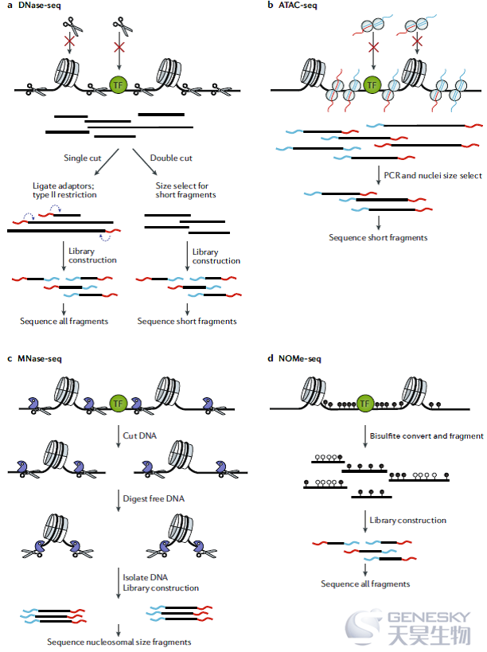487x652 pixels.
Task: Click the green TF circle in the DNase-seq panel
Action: point(119,85)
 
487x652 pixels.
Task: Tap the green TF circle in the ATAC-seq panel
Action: point(372,85)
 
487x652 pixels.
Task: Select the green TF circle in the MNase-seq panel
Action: point(118,404)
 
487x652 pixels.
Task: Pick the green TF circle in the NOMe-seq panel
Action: point(365,404)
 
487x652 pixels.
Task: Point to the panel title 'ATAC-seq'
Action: point(298,6)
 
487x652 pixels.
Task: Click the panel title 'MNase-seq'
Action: point(40,358)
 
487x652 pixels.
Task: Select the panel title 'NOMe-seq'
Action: point(299,358)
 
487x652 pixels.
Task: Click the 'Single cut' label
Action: point(82,158)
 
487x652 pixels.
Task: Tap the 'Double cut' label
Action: point(171,158)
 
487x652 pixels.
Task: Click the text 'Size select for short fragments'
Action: point(185,190)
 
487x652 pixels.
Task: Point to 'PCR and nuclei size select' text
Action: point(433,175)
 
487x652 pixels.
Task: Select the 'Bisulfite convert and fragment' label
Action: point(427,435)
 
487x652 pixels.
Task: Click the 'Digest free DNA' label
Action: point(154,498)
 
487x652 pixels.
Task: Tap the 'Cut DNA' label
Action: point(139,435)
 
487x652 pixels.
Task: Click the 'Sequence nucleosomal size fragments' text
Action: point(119,642)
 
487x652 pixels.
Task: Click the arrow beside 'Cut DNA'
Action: point(119,435)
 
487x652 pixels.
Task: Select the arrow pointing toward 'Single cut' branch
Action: point(107,162)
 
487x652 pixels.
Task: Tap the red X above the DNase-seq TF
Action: point(119,45)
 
